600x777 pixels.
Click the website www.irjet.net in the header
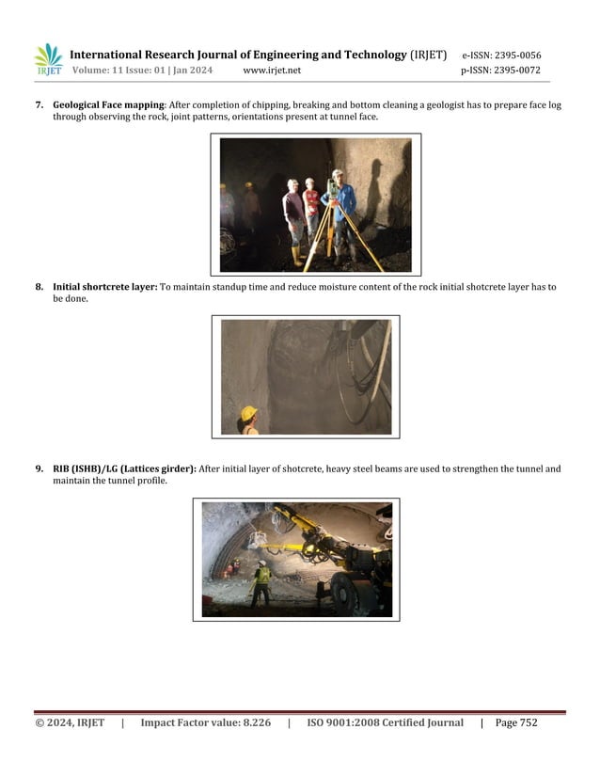coord(272,71)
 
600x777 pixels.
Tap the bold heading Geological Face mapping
coord(109,105)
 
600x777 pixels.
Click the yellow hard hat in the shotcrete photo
coord(249,413)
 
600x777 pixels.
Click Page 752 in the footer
coord(516,722)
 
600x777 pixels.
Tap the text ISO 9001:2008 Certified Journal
coord(385,722)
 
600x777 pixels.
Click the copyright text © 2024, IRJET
coord(70,722)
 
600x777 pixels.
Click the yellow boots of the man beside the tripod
coord(297,255)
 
